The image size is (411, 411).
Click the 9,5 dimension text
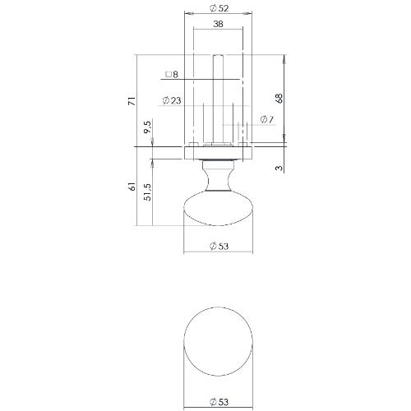coord(147,128)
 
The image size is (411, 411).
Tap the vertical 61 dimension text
coord(131,187)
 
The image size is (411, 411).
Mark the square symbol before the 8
coord(168,75)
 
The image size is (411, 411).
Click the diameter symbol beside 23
coord(166,100)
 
